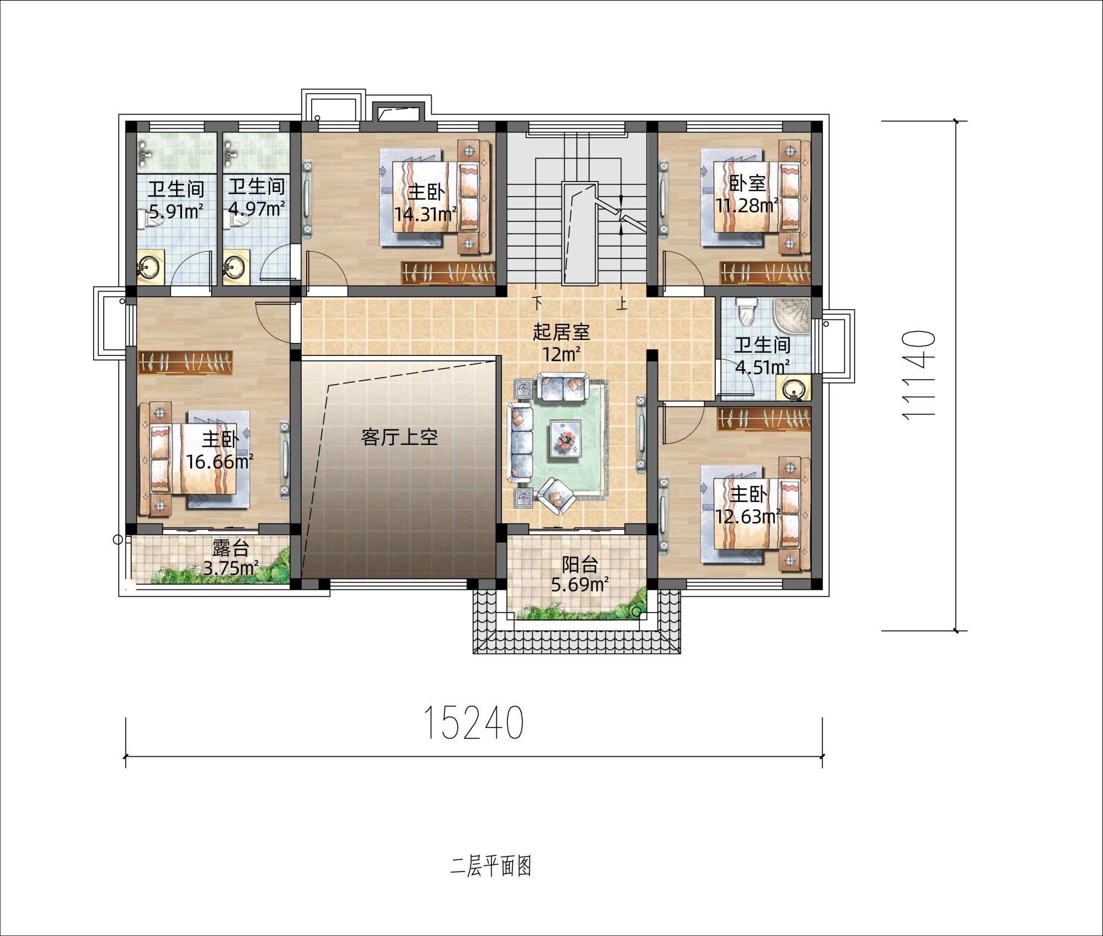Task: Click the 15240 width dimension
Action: point(474,722)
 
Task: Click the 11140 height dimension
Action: point(918,375)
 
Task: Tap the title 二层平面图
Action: point(491,866)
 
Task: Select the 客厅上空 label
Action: point(399,437)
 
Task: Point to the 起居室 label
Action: point(561,332)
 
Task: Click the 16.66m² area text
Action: point(219,461)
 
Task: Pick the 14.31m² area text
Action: point(425,214)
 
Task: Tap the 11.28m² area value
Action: point(747,205)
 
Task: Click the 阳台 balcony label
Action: point(580,565)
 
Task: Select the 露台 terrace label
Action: point(231,548)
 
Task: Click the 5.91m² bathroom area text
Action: point(176,211)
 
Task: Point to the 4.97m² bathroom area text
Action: point(256,209)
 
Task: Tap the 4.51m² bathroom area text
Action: point(762,366)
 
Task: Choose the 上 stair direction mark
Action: point(622,304)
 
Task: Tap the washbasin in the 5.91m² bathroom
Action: point(149,268)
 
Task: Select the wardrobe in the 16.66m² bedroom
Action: point(185,363)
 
